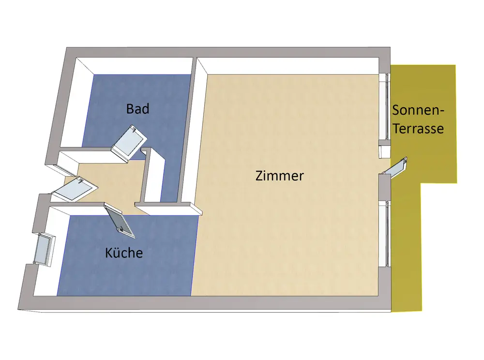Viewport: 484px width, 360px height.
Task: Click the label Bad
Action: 137,108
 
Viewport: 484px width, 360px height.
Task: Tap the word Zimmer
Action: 279,176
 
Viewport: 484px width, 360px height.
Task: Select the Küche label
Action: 124,253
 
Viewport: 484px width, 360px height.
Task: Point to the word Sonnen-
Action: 418,110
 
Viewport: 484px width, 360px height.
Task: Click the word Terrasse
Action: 418,129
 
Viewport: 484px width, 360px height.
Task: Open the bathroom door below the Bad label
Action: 129,142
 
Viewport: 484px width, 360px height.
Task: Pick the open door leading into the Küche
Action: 120,221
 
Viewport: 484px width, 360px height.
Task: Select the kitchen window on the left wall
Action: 44,249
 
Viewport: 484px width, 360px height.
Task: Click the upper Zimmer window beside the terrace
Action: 388,106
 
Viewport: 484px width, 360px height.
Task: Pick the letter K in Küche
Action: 109,253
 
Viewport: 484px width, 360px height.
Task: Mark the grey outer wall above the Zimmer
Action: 290,52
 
